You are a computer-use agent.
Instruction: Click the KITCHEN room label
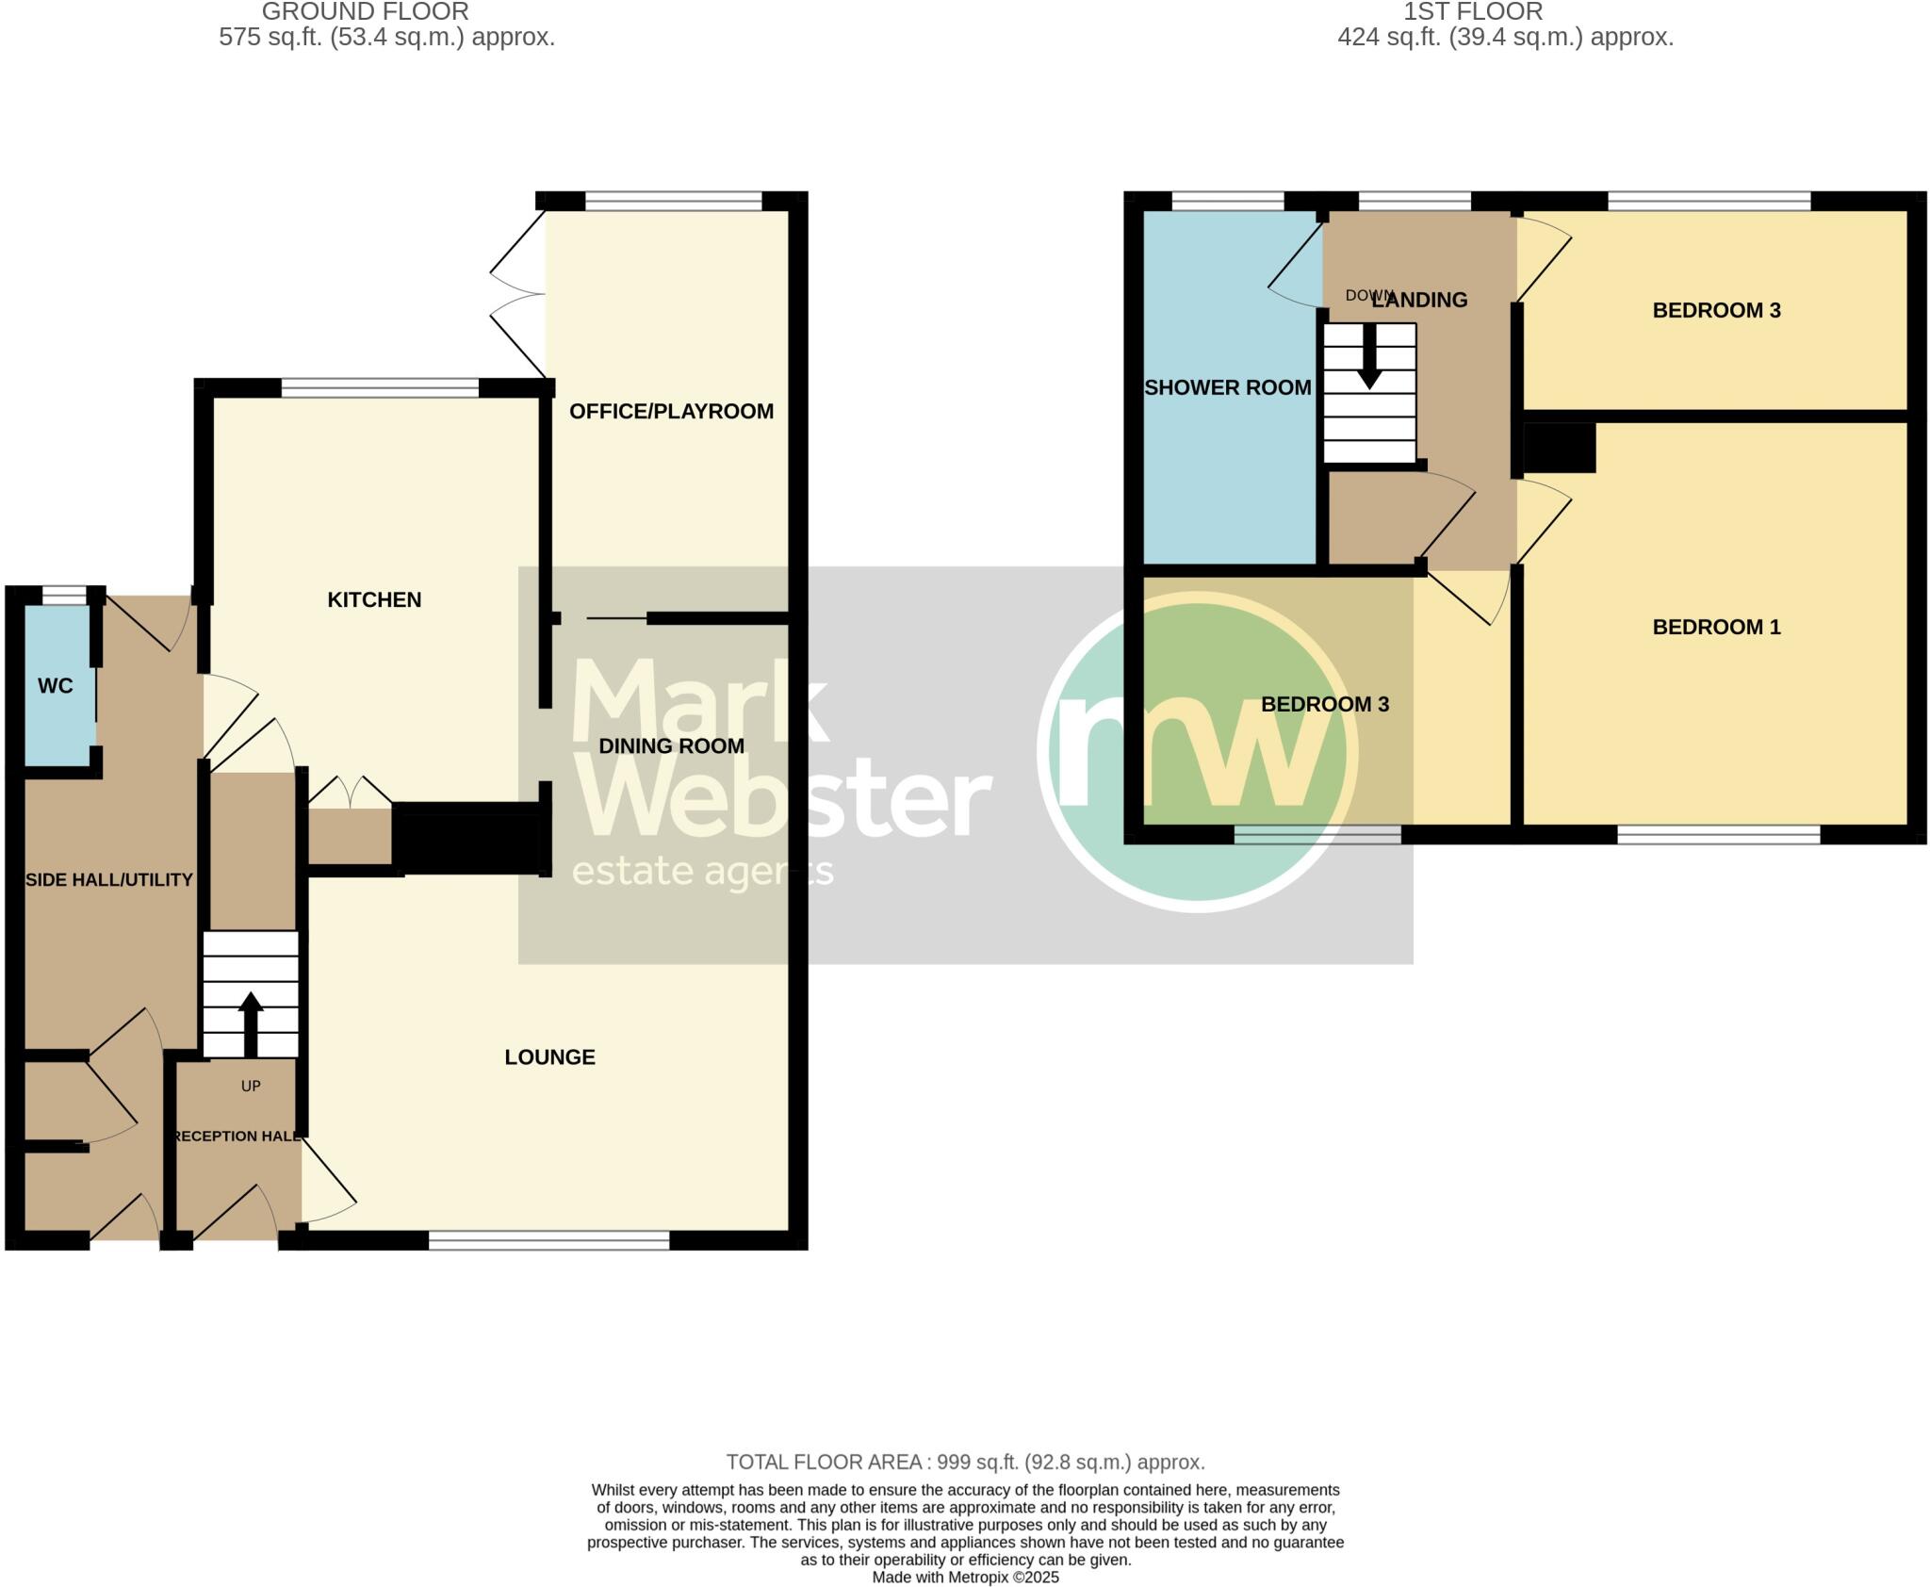coord(374,599)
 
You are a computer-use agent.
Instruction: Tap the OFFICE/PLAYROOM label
coord(671,411)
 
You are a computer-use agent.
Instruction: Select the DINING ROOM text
coord(671,745)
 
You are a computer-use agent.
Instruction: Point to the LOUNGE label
coord(549,1056)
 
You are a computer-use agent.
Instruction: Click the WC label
coord(55,685)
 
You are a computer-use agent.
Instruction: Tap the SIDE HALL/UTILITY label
coord(108,879)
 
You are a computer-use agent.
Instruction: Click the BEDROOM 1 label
coord(1716,627)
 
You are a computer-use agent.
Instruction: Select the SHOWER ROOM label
coord(1227,387)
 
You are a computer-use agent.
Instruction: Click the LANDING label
coord(1419,300)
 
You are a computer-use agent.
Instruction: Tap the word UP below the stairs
coord(251,1086)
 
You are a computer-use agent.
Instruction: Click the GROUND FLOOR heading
coord(365,12)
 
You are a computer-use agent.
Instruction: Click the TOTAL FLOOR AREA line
coord(965,1462)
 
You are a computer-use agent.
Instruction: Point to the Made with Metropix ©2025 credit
coord(965,1577)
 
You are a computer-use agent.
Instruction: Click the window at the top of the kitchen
coord(380,387)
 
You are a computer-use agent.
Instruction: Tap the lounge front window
coord(548,1240)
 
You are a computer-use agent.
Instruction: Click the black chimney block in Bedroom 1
coord(1559,448)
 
